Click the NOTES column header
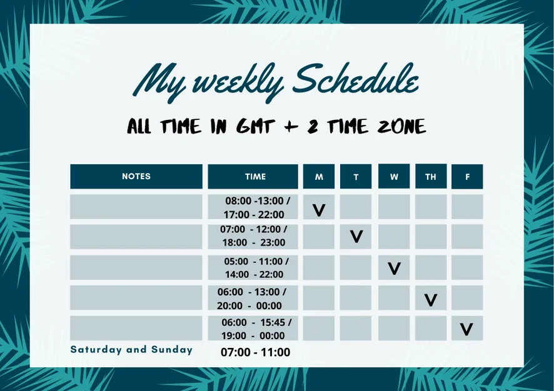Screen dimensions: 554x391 pos(136,176)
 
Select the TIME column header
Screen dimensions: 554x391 pos(253,176)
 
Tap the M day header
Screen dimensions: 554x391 pos(319,176)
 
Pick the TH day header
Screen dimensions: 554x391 pos(431,176)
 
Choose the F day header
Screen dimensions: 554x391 pos(467,176)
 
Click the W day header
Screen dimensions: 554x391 pos(394,176)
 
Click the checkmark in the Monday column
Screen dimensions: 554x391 pos(319,210)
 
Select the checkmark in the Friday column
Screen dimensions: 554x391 pos(466,329)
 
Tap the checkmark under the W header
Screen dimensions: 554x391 pos(394,268)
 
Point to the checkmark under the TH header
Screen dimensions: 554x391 pos(431,300)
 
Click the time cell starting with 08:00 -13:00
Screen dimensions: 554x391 pos(253,207)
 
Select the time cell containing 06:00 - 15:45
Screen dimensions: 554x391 pos(253,329)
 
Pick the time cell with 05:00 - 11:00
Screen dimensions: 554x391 pos(253,268)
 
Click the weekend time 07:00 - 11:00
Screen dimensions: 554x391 pos(256,352)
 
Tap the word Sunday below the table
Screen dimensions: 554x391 pos(172,350)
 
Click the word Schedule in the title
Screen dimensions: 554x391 pos(356,81)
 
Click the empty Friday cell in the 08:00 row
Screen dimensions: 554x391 pos(467,207)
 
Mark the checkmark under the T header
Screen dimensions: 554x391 pos(356,237)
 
